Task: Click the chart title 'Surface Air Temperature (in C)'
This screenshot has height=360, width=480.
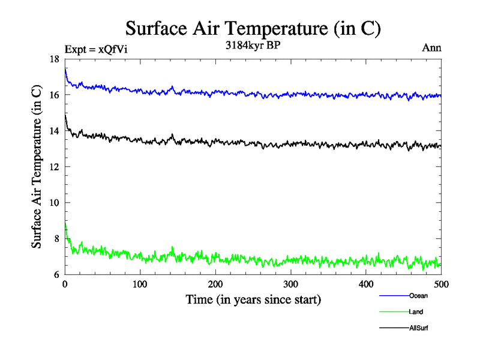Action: point(253,28)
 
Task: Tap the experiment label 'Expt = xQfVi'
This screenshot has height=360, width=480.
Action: point(95,49)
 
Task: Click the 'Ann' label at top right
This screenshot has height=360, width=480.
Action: point(432,47)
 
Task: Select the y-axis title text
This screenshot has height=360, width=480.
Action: point(37,167)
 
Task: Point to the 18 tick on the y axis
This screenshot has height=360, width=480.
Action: point(55,59)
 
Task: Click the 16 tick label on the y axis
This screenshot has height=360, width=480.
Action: point(55,95)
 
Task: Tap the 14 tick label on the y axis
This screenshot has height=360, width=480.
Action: point(55,131)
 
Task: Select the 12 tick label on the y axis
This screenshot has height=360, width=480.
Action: point(55,167)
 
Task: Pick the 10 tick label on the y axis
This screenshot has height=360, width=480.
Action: point(55,203)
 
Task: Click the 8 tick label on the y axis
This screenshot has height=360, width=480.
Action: point(56,239)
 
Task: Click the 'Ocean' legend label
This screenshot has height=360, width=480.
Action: point(418,296)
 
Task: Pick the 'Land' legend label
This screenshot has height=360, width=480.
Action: point(416,312)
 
